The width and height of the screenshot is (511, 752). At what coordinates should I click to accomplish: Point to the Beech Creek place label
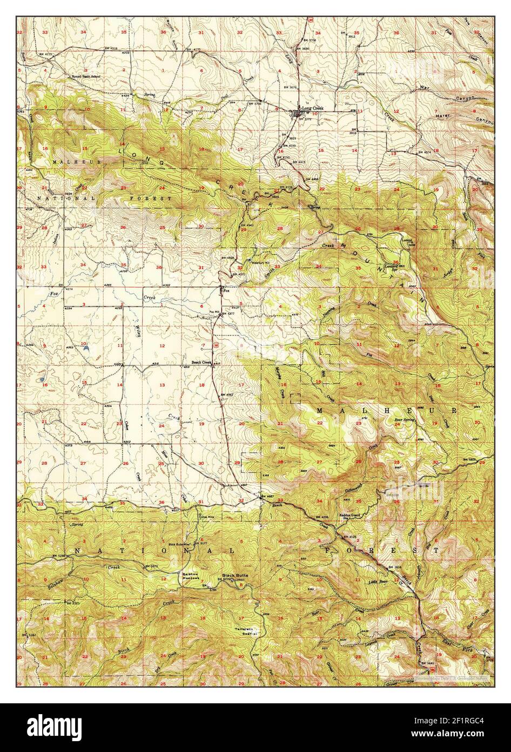[201, 363]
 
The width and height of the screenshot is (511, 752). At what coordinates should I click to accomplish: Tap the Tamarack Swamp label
[244, 631]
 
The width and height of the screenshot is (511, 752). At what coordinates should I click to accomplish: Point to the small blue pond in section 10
[86, 349]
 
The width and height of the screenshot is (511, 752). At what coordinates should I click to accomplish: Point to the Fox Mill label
[214, 312]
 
